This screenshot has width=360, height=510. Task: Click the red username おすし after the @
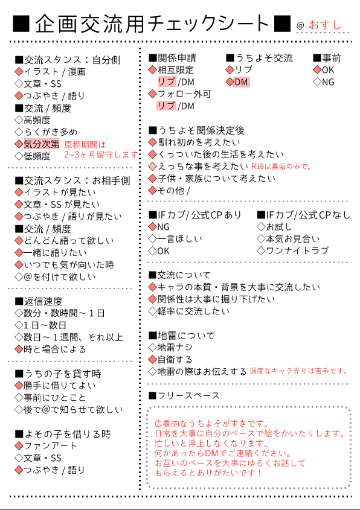[325, 25]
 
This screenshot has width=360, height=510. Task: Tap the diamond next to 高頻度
[19, 120]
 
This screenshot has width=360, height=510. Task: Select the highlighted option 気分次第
[41, 144]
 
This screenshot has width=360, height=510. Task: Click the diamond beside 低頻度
[19, 156]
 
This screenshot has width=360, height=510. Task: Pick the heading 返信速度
[43, 301]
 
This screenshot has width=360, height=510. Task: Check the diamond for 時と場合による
[19, 349]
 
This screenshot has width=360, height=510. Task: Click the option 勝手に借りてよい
[60, 386]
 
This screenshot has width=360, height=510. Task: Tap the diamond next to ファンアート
[19, 445]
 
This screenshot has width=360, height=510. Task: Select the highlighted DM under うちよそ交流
[241, 82]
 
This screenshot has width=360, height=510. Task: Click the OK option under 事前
[328, 70]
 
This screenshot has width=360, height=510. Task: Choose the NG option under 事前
[328, 82]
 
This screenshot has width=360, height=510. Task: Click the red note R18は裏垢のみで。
[281, 167]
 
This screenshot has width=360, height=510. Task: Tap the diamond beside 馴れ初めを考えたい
[152, 142]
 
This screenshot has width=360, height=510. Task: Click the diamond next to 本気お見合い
[261, 239]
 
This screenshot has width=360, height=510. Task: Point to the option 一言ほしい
[179, 239]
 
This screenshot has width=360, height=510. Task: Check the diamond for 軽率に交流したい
[152, 311]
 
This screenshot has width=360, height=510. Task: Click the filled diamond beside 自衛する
[152, 359]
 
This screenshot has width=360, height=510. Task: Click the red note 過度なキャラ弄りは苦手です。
[299, 371]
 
